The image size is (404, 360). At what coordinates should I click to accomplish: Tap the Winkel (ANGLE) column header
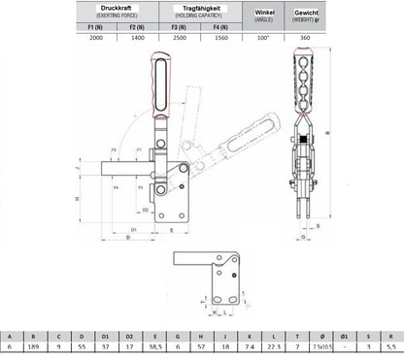point(263,13)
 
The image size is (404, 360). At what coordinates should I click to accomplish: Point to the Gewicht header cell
point(312,13)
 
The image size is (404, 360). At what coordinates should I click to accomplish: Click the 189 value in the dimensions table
point(35,346)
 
